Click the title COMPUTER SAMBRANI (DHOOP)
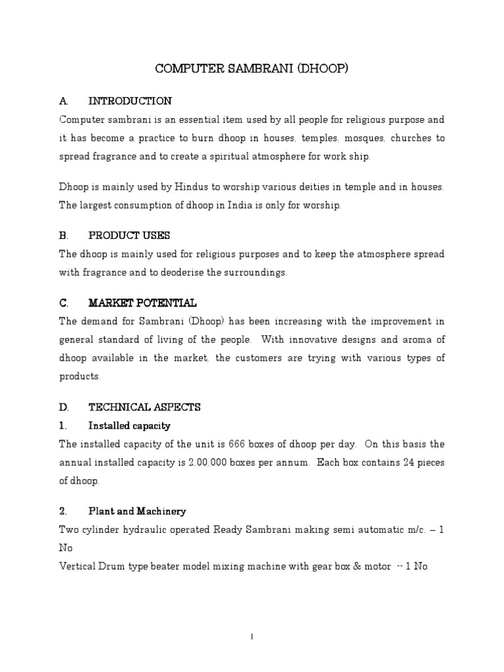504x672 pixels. [252, 68]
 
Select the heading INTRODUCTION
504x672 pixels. [130, 101]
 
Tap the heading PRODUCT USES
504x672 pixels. [129, 235]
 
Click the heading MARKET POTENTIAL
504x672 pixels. [142, 303]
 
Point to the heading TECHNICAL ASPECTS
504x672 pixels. [144, 408]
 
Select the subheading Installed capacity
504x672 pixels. [129, 426]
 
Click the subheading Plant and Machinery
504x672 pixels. [137, 511]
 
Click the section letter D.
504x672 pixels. [63, 408]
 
